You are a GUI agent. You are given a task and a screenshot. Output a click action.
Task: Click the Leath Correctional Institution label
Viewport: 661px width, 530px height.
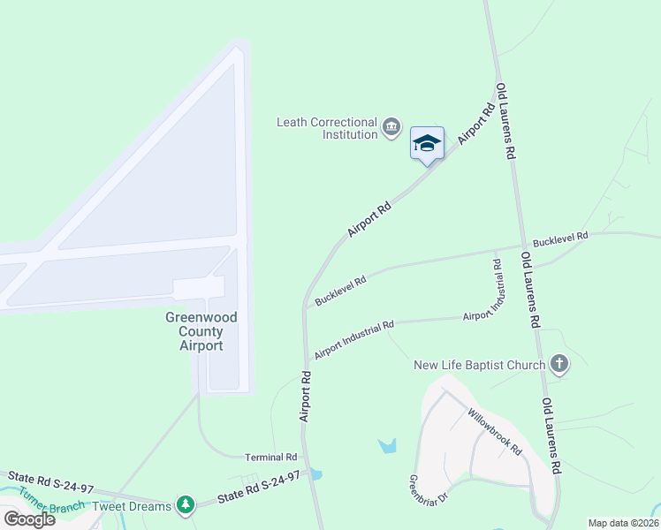[327, 129]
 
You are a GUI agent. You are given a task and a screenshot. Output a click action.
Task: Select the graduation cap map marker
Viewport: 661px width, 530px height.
[427, 143]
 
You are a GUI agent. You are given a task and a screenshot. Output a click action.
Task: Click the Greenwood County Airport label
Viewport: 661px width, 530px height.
[201, 331]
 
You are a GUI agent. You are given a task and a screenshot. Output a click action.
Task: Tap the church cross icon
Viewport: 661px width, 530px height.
[558, 363]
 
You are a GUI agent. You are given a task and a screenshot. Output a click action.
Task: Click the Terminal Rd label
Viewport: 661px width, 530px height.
[272, 457]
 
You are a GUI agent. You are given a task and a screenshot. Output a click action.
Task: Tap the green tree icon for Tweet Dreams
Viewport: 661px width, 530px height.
[185, 504]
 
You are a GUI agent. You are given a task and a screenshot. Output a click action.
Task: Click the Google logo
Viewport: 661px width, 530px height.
[28, 519]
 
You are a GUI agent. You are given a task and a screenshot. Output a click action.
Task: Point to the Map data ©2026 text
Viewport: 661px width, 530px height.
[623, 523]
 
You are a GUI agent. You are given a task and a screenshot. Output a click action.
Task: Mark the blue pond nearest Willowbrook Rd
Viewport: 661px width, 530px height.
[387, 446]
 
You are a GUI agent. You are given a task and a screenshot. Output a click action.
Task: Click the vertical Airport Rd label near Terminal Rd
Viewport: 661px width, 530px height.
[306, 395]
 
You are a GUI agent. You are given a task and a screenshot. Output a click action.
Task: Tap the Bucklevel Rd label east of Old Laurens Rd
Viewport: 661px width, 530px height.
[560, 238]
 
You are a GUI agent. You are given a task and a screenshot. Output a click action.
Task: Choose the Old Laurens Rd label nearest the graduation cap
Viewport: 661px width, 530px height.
[505, 120]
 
